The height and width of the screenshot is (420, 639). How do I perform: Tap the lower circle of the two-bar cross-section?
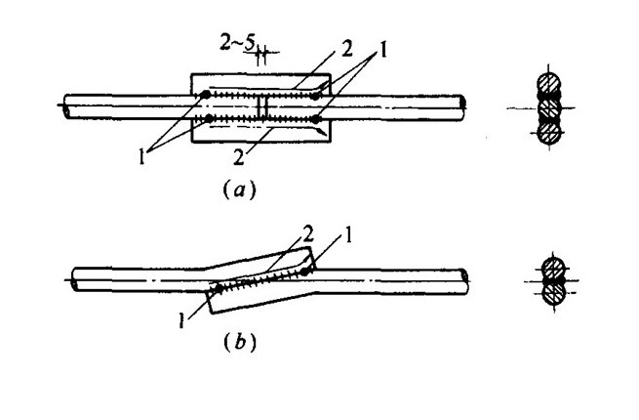click(551, 289)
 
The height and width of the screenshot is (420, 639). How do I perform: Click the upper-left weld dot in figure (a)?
click(208, 95)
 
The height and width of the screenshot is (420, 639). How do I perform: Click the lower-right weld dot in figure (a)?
click(320, 120)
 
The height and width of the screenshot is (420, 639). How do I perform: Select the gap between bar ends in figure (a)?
click(261, 106)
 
